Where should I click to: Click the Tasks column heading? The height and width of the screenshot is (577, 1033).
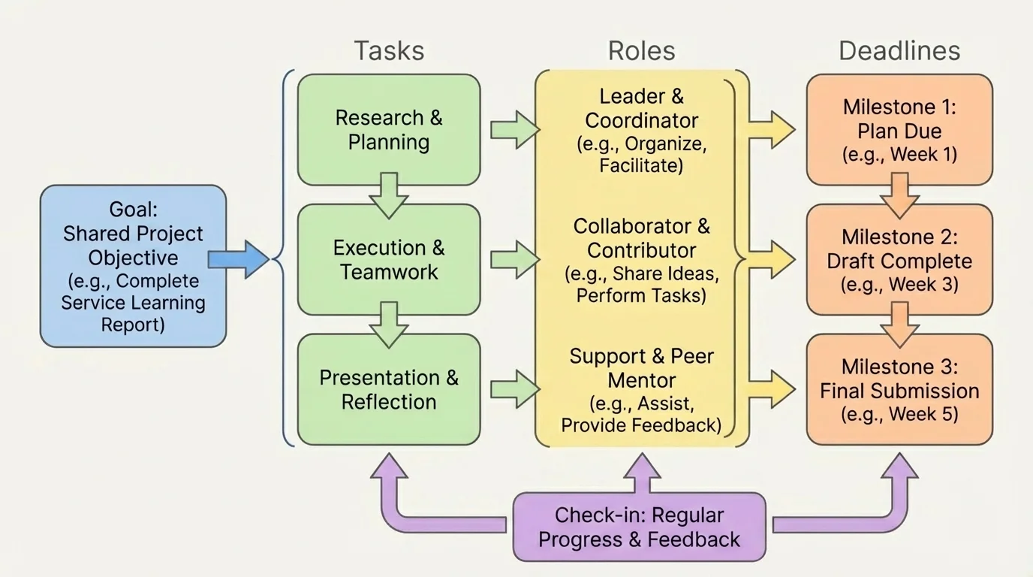tap(389, 51)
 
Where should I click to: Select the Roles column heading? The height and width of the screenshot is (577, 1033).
tap(641, 51)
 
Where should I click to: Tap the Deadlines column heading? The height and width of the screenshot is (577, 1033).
tap(899, 51)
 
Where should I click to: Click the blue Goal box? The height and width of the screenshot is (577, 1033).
tap(133, 266)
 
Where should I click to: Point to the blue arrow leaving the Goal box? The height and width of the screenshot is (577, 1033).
tap(238, 260)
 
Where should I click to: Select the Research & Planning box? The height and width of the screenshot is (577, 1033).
tap(389, 130)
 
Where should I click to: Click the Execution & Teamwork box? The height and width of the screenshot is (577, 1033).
tap(389, 260)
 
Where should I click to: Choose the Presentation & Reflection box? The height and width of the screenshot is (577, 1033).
tap(389, 389)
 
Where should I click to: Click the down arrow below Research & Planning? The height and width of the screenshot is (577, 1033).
tap(389, 195)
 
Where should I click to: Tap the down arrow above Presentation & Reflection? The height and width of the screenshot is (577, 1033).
tap(389, 325)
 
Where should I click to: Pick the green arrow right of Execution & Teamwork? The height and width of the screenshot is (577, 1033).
tap(514, 260)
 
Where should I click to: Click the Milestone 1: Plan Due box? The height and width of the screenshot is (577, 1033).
tap(899, 130)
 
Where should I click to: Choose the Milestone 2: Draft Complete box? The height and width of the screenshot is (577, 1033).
tap(899, 260)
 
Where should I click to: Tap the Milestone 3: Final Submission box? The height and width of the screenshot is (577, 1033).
tap(899, 389)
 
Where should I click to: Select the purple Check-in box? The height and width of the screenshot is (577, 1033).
tap(639, 527)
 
